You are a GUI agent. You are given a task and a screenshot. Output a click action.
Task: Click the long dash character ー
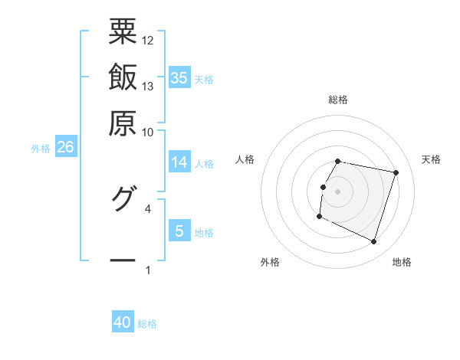click(123, 260)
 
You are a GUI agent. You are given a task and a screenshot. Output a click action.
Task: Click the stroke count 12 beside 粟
click(148, 39)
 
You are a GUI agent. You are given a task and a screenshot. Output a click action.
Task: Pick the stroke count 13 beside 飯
click(148, 86)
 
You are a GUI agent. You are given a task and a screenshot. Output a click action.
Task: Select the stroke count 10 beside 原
click(148, 132)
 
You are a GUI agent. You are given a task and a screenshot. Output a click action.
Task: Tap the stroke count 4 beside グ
click(148, 208)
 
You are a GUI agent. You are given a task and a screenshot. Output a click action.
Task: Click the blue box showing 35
click(179, 77)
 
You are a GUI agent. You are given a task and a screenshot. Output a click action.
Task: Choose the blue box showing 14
click(179, 162)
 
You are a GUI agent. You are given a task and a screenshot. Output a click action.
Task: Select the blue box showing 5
click(179, 231)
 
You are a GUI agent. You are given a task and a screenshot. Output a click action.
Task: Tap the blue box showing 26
click(65, 147)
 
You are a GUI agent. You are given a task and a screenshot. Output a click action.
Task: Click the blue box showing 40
click(123, 322)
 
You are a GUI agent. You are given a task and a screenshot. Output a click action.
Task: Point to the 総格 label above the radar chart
click(338, 100)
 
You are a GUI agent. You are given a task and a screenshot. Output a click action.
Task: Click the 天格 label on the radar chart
click(431, 159)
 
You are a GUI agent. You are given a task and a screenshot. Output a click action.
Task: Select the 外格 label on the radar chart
click(270, 262)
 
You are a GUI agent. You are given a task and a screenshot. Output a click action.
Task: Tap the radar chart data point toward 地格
click(373, 242)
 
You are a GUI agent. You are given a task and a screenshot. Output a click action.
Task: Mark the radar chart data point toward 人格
click(323, 187)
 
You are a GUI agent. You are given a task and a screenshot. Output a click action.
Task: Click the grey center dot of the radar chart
click(338, 191)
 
